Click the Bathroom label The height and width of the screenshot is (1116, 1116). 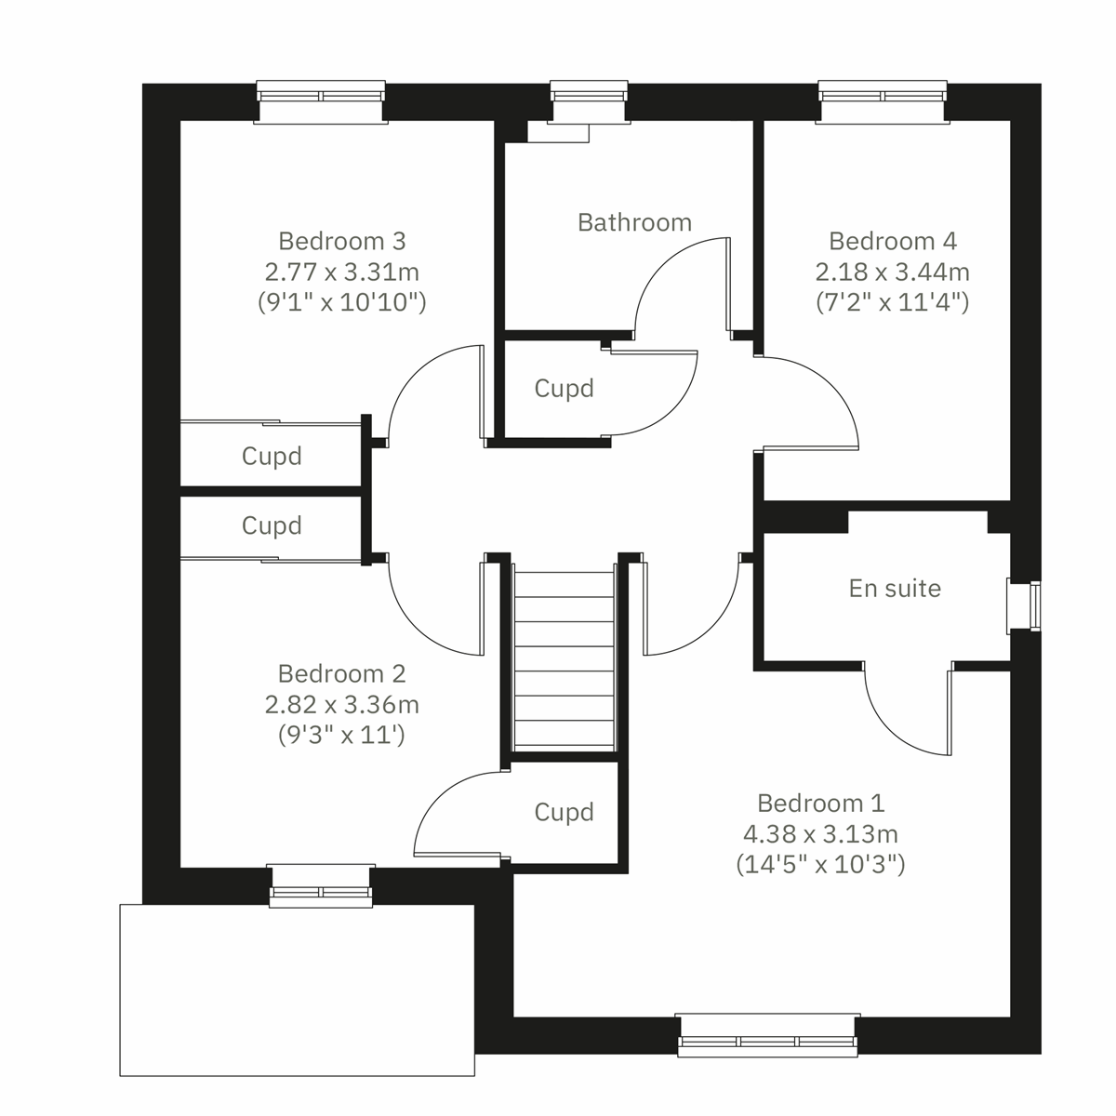click(x=634, y=222)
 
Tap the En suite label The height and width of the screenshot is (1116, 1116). click(x=895, y=588)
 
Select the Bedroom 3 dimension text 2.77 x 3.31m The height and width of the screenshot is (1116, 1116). click(x=341, y=272)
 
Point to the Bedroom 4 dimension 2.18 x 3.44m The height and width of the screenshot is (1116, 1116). click(x=892, y=272)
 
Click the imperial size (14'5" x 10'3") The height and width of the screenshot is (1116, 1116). click(x=820, y=864)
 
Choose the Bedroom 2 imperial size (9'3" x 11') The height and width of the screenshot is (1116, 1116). click(x=341, y=735)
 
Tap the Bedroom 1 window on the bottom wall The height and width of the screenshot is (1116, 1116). click(x=767, y=1035)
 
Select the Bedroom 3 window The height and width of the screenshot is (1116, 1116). click(x=321, y=100)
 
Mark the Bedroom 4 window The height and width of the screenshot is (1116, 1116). click(x=883, y=100)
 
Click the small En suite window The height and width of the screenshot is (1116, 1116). click(x=1024, y=606)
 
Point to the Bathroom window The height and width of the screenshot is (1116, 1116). click(x=590, y=100)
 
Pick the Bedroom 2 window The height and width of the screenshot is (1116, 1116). click(x=320, y=885)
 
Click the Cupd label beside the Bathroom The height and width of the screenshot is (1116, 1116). click(x=564, y=388)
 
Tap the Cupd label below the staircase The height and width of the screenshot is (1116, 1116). click(x=564, y=812)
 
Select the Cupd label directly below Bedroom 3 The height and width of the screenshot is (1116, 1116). click(x=272, y=456)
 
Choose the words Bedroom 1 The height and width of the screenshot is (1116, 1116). click(x=820, y=803)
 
